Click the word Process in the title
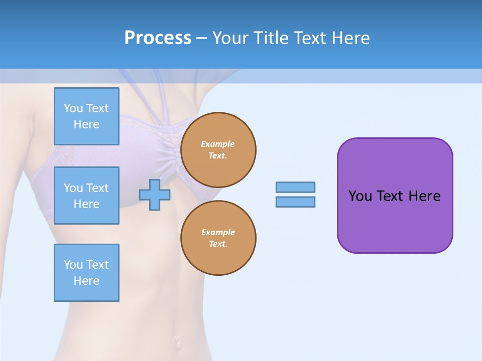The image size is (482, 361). [158, 38]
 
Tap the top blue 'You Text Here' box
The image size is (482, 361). [86, 116]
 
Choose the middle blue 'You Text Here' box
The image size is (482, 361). [86, 196]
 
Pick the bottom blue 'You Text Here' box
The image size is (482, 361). [86, 273]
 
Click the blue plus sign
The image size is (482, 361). [155, 195]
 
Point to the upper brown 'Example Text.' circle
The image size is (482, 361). [218, 150]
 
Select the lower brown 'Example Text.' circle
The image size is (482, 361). [218, 238]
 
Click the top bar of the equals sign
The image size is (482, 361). [295, 187]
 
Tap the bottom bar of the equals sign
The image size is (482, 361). [295, 202]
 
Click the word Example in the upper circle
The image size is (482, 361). [218, 144]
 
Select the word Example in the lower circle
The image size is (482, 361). [218, 232]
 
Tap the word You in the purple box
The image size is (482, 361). [360, 196]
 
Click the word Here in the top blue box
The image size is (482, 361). [86, 124]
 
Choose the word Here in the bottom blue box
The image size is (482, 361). [86, 281]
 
